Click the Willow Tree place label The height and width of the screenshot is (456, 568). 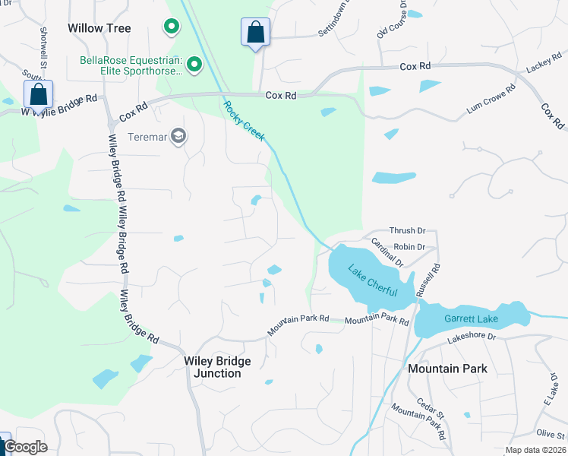(x=99, y=28)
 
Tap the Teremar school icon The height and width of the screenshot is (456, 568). (x=179, y=136)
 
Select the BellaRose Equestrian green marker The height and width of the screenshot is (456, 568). (x=194, y=65)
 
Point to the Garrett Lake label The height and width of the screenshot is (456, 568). (x=470, y=321)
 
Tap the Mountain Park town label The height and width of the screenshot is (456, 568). (x=447, y=369)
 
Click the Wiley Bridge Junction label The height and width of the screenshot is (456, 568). (x=217, y=367)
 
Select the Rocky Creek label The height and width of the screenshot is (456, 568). (x=245, y=120)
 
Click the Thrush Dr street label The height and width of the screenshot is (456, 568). (x=408, y=230)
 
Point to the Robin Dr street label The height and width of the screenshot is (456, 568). (x=409, y=247)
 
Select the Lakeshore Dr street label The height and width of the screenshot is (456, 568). (x=471, y=336)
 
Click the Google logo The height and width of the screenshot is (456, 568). (x=25, y=447)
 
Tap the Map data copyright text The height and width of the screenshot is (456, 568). (x=535, y=450)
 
